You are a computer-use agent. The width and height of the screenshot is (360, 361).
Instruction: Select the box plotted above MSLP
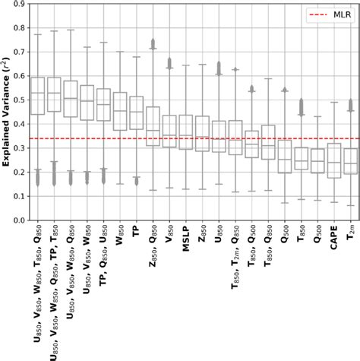(x=185, y=131)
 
